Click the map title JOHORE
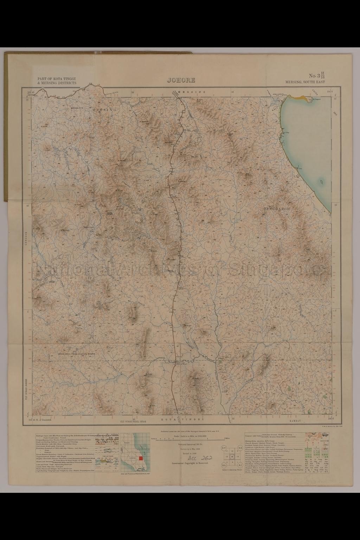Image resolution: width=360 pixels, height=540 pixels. [x=181, y=80]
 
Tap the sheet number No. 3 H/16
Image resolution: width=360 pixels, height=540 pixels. [x=317, y=76]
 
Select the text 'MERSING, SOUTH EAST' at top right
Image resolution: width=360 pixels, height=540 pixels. [x=306, y=82]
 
